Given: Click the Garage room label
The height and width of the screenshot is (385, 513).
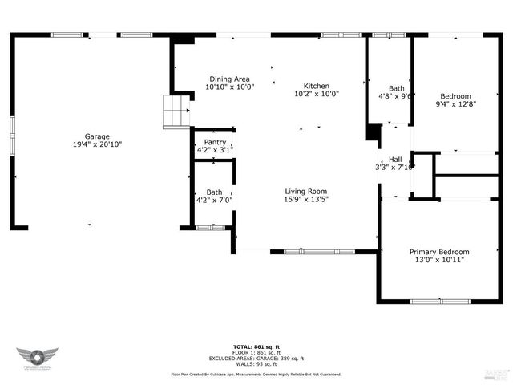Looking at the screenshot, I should click(x=98, y=136).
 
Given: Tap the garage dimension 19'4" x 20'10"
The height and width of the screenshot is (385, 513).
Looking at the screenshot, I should click(x=98, y=144).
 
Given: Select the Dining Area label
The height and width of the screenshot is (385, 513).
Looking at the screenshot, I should click(x=230, y=79).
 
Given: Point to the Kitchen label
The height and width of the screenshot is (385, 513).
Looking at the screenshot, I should click(x=316, y=86).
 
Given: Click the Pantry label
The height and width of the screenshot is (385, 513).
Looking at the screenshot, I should click(x=215, y=142).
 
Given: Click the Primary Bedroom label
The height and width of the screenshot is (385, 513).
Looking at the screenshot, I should click(x=439, y=252).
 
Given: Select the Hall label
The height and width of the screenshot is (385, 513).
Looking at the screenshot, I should click(x=395, y=159).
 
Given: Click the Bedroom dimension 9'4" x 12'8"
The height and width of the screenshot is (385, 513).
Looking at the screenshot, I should click(x=455, y=103).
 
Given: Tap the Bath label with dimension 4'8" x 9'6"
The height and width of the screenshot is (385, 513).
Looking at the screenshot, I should click(x=397, y=88).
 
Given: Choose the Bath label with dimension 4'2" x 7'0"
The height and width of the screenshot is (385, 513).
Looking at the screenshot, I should click(x=214, y=192).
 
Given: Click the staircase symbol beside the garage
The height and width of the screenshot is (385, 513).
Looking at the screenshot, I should click(x=175, y=111).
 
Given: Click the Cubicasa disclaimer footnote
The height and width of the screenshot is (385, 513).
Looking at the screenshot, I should click(x=256, y=375).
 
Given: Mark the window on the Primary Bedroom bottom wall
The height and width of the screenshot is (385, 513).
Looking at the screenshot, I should click(x=439, y=301).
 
